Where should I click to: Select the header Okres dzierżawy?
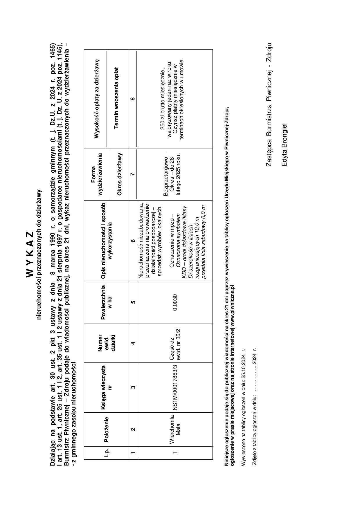[120, 174]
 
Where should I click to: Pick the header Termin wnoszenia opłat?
[116, 98]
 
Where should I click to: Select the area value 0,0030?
[175, 302]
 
